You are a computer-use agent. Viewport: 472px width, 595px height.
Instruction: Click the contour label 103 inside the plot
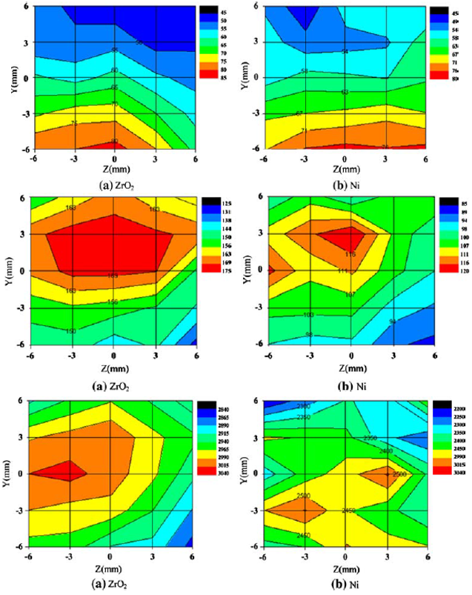coord(308,316)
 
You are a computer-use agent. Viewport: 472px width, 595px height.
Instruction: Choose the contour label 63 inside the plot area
coord(345,93)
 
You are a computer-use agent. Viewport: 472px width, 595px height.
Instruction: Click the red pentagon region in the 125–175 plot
coord(111,245)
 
